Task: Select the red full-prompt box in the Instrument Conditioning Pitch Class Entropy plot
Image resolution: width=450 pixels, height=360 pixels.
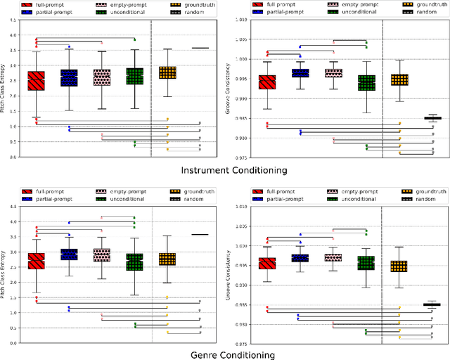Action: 36,80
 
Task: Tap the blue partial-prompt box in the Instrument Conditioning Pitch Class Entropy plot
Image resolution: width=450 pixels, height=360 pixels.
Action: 69,78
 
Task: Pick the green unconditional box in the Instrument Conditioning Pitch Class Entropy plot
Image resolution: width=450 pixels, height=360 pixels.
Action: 134,76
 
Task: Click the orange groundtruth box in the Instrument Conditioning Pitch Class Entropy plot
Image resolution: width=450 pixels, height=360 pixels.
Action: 167,72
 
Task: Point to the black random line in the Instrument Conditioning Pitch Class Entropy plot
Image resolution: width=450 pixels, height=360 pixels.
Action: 200,48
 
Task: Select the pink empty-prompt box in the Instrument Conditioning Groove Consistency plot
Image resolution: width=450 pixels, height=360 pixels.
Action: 333,73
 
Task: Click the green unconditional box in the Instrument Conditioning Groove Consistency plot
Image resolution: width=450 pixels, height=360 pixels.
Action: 366,83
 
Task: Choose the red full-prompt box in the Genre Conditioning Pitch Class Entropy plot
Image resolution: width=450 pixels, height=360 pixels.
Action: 36,261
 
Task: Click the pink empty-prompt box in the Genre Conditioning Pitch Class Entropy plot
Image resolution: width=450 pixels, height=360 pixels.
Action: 102,255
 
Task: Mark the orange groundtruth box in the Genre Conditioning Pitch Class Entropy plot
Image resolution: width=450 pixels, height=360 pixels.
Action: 167,259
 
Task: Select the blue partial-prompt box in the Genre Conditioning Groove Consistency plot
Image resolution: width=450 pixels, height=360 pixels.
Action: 300,258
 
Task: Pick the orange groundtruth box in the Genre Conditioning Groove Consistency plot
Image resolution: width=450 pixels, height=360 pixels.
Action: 399,266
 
